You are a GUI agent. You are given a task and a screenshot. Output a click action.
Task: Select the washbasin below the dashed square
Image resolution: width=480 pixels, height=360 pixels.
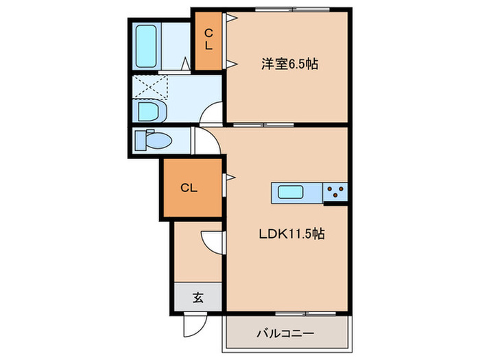pos(149,110)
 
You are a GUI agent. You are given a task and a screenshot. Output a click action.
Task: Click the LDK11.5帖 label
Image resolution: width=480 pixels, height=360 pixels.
pos(291,233)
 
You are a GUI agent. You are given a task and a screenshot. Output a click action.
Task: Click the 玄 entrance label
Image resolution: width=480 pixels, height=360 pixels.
pos(197,298)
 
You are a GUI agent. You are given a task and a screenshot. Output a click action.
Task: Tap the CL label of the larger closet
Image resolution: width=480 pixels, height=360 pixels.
pos(189,188)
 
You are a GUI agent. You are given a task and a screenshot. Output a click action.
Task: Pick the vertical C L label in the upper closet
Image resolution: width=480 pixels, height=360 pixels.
pos(209,40)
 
